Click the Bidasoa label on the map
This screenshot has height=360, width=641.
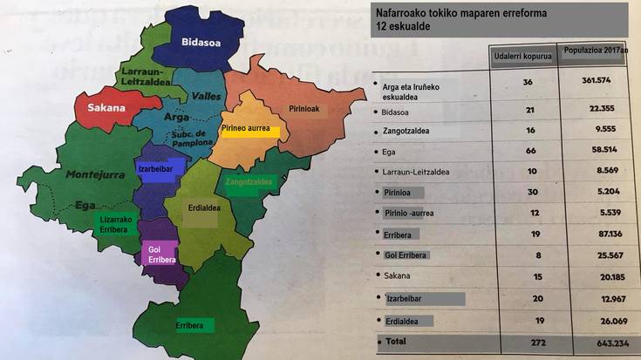(x=201, y=41)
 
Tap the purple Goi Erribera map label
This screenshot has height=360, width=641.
(x=160, y=255)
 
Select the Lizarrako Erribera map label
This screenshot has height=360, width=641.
(x=116, y=224)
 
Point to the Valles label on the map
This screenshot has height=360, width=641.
(x=207, y=97)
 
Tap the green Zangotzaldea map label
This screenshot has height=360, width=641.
(x=249, y=183)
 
